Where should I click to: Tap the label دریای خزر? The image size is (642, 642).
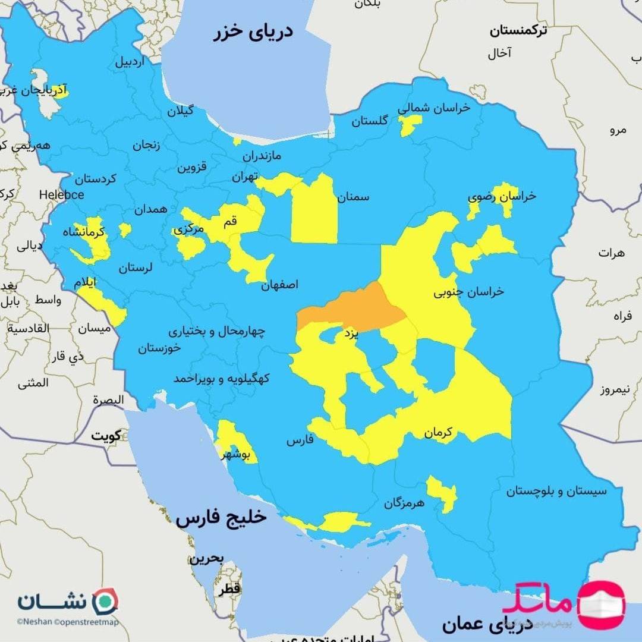pyautogui.click(x=254, y=32)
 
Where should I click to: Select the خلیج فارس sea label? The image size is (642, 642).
pyautogui.click(x=221, y=518)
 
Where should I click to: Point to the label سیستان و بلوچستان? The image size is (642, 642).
pyautogui.click(x=556, y=492)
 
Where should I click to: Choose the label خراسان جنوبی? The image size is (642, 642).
pyautogui.click(x=468, y=291)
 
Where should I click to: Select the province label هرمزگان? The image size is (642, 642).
pyautogui.click(x=404, y=503)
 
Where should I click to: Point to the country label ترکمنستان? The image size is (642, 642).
pyautogui.click(x=518, y=31)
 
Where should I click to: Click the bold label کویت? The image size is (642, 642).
pyautogui.click(x=105, y=436)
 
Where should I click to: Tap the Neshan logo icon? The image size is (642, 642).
pyautogui.click(x=106, y=601)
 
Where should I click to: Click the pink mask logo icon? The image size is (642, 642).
pyautogui.click(x=602, y=605)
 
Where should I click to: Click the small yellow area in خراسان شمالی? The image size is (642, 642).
pyautogui.click(x=410, y=124)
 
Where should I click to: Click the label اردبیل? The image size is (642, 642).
pyautogui.click(x=130, y=61)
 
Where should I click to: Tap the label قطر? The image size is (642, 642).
pyautogui.click(x=229, y=589)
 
